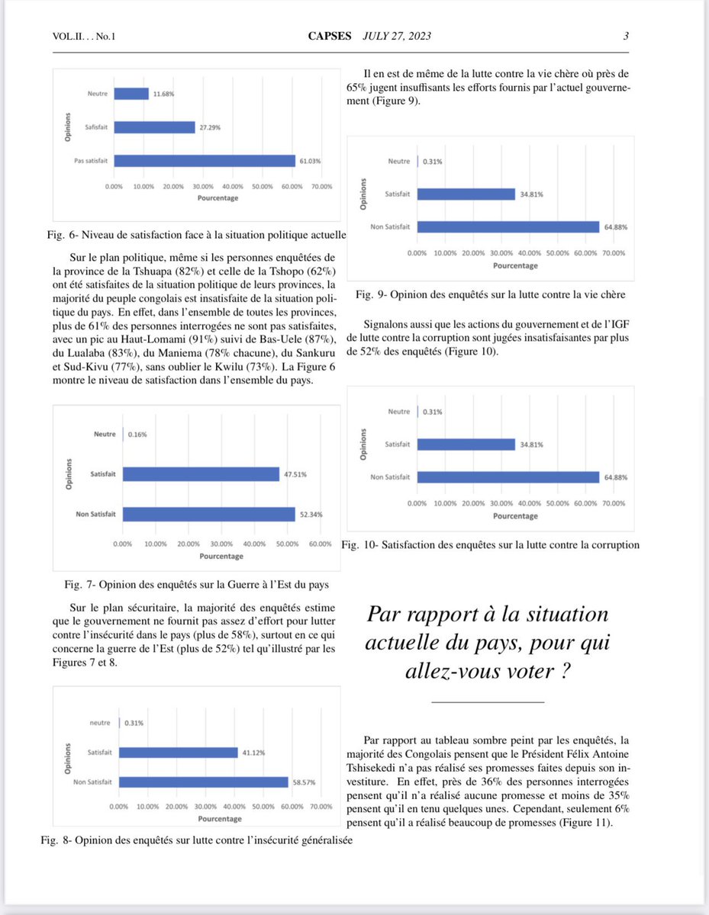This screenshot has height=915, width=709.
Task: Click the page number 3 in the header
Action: click(x=626, y=36)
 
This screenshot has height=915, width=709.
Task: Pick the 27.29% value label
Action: click(x=209, y=127)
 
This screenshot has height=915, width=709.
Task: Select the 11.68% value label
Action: click(x=163, y=94)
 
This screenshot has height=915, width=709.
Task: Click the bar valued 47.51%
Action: click(x=201, y=474)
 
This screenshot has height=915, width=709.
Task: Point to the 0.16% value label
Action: click(x=137, y=435)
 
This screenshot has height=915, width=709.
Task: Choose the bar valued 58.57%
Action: click(x=204, y=782)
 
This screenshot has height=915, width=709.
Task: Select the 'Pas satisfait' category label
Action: click(x=90, y=160)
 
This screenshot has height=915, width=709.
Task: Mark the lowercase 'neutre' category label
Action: click(x=100, y=723)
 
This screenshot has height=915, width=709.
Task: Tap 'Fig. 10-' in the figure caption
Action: click(x=359, y=545)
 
